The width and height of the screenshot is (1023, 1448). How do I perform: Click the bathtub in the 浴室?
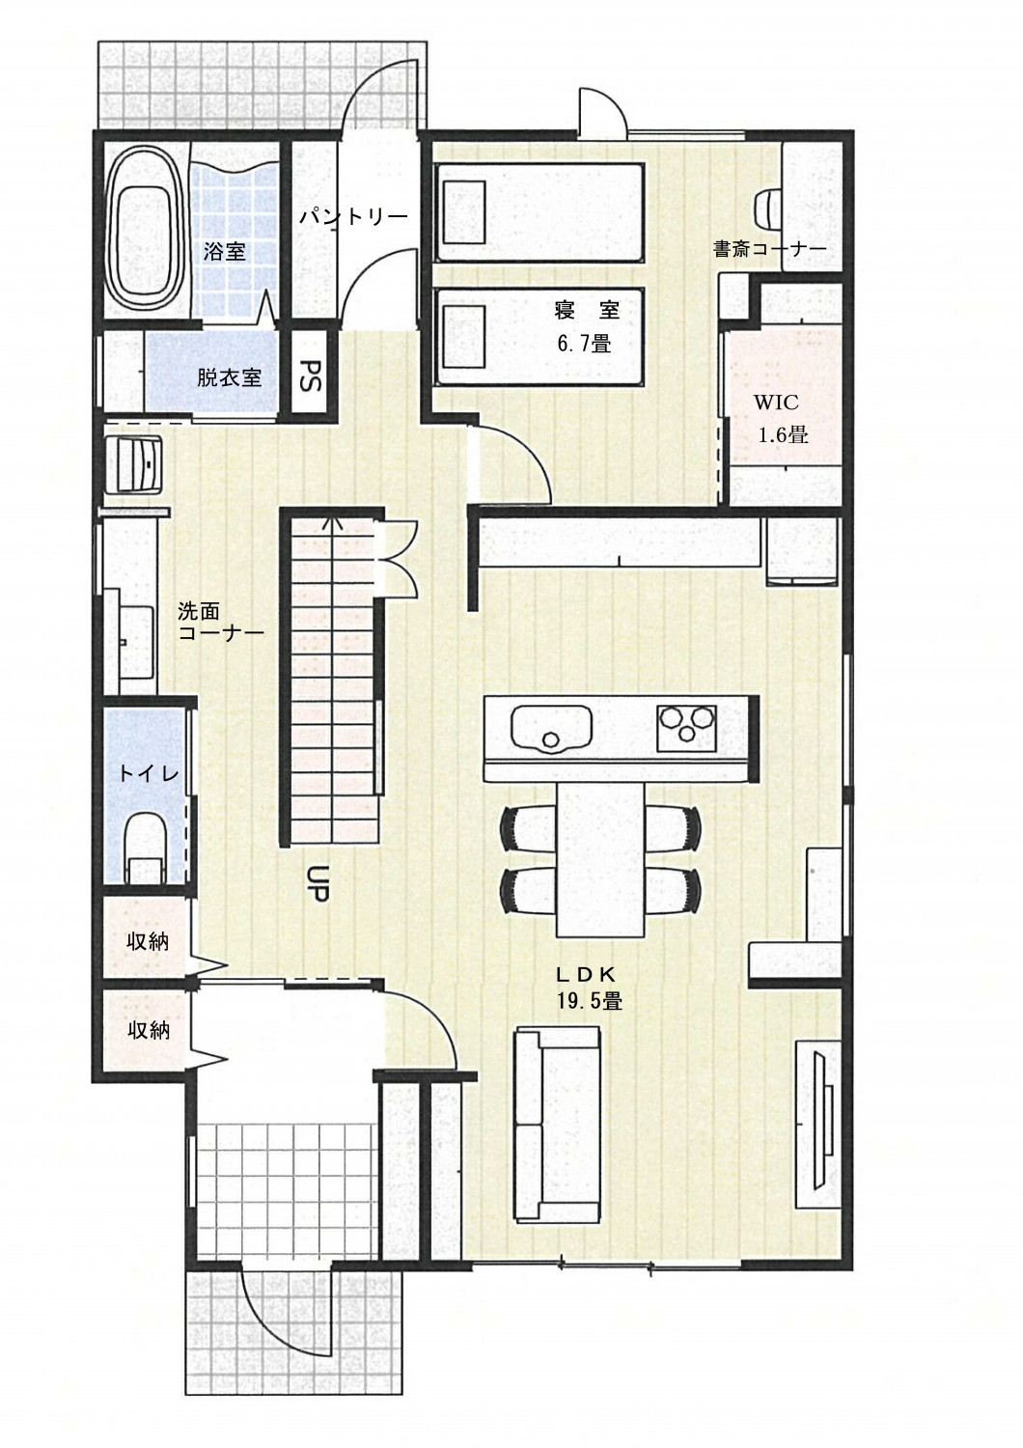143,233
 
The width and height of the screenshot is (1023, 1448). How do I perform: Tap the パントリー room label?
352,216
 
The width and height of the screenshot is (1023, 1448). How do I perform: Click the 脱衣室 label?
229,377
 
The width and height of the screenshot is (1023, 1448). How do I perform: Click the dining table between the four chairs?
600,858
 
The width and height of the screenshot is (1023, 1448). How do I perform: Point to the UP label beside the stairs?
321,883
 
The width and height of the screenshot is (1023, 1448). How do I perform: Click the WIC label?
776,403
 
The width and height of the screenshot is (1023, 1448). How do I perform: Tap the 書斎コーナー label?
770,249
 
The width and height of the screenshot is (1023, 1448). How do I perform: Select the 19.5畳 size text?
590,1001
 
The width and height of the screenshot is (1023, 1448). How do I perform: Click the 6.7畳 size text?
584,343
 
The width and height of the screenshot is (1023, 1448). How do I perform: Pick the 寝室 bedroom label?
587,310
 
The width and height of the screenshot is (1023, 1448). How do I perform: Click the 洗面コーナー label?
220,622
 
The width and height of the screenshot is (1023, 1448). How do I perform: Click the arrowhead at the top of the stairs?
333,520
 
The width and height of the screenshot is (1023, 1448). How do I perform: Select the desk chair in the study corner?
769,208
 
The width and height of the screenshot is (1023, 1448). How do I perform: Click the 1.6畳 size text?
784,434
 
